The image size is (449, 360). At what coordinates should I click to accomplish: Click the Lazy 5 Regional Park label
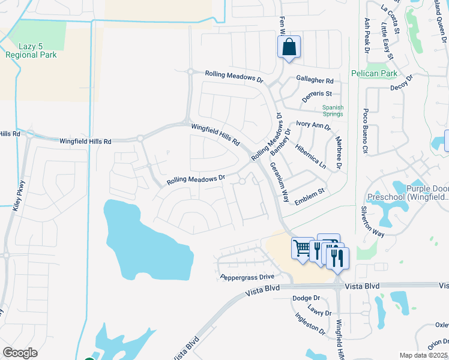[x=31, y=50]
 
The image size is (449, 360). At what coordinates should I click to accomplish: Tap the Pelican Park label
[x=373, y=73]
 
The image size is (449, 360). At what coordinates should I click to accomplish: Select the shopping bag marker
[x=289, y=47]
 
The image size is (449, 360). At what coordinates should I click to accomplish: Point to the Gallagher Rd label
[x=315, y=80]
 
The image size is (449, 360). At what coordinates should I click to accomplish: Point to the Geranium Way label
[x=279, y=182]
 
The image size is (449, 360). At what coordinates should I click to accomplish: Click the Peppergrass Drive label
[x=247, y=277]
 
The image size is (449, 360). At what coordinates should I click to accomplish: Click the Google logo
[x=20, y=353]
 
